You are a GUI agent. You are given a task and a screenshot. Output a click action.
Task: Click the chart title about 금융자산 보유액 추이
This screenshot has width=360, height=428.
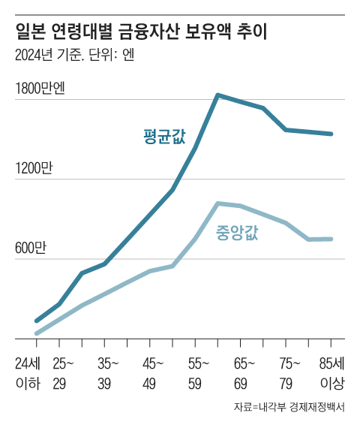point(142,32)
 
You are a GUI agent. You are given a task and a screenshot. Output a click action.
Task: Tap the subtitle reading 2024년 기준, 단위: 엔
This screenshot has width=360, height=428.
point(74,56)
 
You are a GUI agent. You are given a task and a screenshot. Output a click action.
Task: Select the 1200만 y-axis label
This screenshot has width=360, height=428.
point(33,169)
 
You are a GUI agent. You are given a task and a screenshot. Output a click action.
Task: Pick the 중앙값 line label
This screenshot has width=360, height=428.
point(236,232)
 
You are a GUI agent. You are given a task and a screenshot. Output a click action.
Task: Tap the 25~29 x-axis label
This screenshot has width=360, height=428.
point(63,373)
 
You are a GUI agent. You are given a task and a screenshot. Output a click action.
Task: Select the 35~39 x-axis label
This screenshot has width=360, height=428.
point(107,373)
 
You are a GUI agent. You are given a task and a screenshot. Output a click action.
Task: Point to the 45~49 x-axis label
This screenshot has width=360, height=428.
point(152,373)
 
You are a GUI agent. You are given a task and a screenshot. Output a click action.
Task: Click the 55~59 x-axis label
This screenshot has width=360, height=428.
point(197,373)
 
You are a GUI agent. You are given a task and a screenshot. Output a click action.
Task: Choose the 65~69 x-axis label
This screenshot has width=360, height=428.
point(242,373)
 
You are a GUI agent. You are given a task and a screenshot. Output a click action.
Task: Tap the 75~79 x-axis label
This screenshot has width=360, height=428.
point(287,373)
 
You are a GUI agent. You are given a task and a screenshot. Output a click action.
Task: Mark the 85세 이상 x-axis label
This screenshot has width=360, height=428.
point(331,373)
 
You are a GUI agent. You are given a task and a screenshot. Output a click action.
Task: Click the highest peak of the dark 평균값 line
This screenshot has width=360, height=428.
point(217,95)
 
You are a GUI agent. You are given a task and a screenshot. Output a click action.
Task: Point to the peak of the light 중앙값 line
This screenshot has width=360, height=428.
point(217,203)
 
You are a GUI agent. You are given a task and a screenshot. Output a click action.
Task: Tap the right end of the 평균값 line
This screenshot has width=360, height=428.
point(331,134)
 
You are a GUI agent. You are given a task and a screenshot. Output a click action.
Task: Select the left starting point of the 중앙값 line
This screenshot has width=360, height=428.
point(36,333)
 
